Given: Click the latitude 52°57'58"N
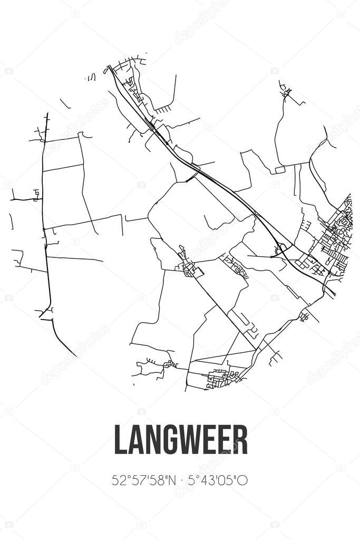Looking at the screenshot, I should (141, 480).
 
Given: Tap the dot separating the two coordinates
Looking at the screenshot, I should (180, 481).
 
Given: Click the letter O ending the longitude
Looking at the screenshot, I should (244, 480).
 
